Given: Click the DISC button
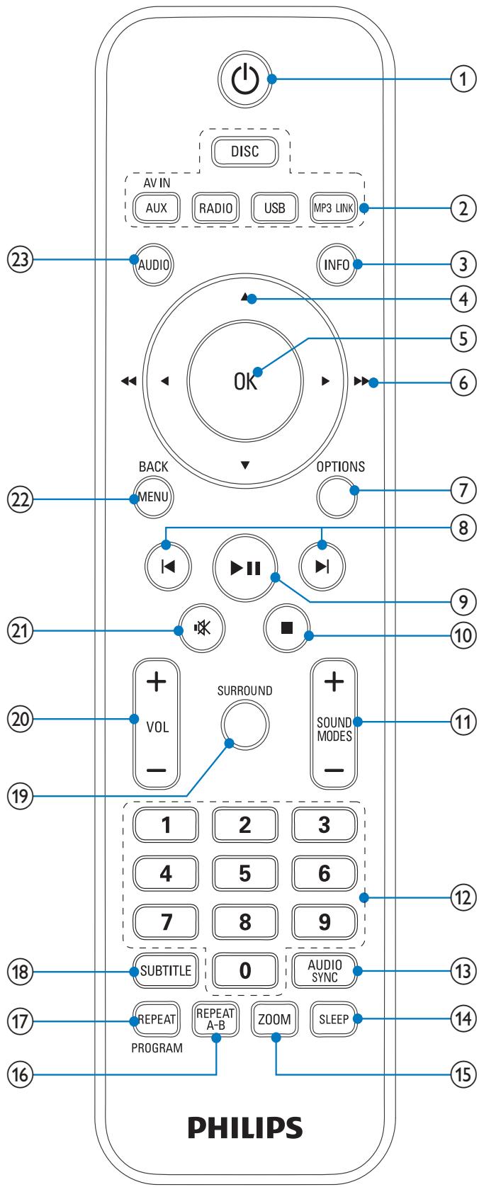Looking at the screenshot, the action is coord(244,152).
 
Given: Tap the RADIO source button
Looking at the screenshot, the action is coord(215,208).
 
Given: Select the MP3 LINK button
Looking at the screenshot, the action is coord(333,208).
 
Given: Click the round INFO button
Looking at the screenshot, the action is coord(337,264).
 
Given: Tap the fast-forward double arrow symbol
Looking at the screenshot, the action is coord(362,380).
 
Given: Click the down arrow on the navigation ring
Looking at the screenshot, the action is coord(244,465).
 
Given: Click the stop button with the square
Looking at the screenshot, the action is coord(287,628).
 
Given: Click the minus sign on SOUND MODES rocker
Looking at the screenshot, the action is coord(334,770).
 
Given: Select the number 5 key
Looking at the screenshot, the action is coord(244,873).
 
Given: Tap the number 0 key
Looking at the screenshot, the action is coord(244,970).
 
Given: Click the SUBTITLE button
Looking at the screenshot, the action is coord(166,970).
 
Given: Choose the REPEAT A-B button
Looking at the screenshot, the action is coord(215,1019).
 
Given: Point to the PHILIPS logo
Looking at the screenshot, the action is coord(245,1128).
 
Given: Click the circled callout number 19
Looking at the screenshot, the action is coord(20,795).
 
